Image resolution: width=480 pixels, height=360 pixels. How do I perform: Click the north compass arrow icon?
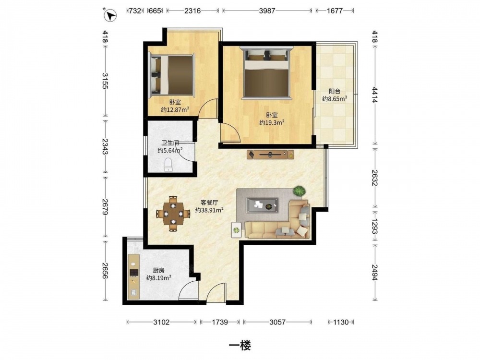coord(110,15)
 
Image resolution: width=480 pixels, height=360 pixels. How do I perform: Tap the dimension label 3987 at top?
coord(267,11)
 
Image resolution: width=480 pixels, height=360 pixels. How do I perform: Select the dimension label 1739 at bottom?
coord(220,322)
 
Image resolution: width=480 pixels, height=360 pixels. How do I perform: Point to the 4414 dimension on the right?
coord(375,95)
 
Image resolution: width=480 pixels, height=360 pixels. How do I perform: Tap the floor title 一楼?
coord(240,346)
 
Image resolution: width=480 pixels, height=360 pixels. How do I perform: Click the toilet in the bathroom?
coord(168,165)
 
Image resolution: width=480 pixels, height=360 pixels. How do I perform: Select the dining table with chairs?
coord(173,214)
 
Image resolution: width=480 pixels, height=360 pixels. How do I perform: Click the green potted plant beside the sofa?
coord(299,192)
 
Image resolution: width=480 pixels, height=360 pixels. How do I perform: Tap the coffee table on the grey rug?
coord(263,205)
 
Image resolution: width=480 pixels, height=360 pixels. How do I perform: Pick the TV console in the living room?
coord(270,155)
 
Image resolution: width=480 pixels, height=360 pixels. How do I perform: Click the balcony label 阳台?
coord(335,91)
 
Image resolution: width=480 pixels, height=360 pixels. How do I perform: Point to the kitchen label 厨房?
coord(158,270)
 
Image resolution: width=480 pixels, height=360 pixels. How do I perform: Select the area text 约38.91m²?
coord(209,210)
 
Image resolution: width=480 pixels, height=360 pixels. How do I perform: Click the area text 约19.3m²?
coord(272,122)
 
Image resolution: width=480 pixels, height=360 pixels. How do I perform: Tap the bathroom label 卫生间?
coord(170,143)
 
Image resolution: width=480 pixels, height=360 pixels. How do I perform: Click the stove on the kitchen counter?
coord(134,272)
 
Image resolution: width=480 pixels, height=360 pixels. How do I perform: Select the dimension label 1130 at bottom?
coord(341,322)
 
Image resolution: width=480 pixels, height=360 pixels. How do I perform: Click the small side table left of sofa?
coord(236,229)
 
